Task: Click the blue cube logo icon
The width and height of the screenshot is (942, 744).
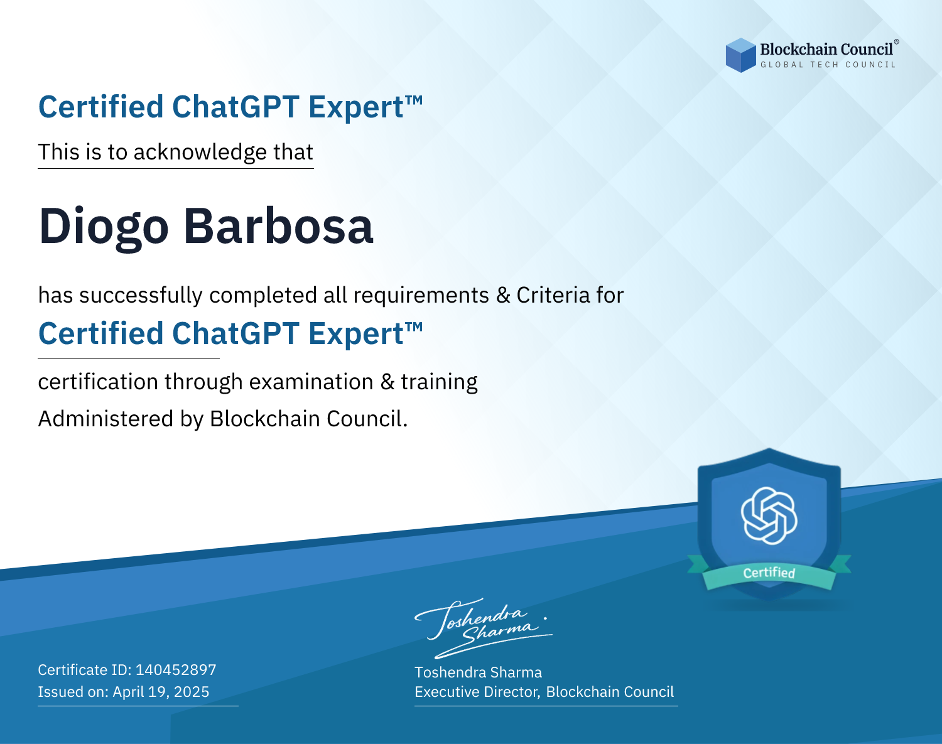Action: point(740,55)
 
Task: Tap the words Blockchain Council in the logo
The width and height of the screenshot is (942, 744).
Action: point(826,49)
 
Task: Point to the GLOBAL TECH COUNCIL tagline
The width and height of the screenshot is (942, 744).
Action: point(828,65)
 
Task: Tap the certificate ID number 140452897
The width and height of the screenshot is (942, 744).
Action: point(176,669)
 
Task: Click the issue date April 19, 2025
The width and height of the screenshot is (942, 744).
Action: point(161,692)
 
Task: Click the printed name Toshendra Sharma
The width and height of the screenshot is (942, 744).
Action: point(478,672)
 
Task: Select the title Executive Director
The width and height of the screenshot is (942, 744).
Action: point(477,692)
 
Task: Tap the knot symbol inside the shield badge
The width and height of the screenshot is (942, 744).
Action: point(769,515)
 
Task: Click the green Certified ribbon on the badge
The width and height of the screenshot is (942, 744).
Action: point(769,573)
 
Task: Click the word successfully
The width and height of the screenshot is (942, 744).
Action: point(141,296)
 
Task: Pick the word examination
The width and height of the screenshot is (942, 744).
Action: point(311,382)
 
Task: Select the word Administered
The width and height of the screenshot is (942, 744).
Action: point(106,419)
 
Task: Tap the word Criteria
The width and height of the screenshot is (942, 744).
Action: point(553,295)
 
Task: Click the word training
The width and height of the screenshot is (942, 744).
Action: point(439,382)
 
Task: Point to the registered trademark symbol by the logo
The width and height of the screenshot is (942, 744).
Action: point(896,42)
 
